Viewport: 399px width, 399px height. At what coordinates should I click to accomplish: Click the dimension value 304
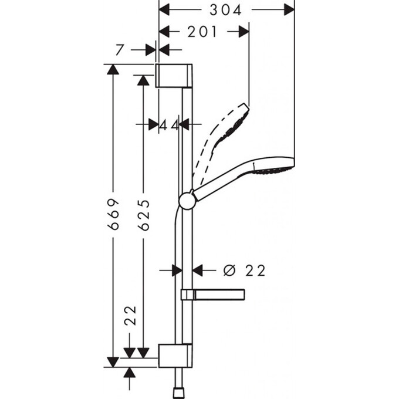pyautogui.click(x=226, y=9)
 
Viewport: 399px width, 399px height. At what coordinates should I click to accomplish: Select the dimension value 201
pyautogui.click(x=202, y=32)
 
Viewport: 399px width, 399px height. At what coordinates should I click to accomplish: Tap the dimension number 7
pyautogui.click(x=120, y=50)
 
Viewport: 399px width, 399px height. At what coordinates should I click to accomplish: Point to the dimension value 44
pyautogui.click(x=169, y=124)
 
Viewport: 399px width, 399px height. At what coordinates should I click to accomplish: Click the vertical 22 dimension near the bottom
pyautogui.click(x=130, y=315)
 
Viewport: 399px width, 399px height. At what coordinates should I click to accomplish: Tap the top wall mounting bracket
pyautogui.click(x=174, y=76)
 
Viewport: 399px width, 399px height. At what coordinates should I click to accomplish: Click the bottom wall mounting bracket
pyautogui.click(x=174, y=356)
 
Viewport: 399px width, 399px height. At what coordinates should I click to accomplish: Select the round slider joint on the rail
pyautogui.click(x=187, y=201)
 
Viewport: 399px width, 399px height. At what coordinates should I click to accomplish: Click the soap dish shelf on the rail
pyautogui.click(x=212, y=294)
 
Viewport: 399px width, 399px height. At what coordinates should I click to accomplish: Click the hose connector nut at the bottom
pyautogui.click(x=179, y=391)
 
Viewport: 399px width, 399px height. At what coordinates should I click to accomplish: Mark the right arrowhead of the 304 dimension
pyautogui.click(x=289, y=9)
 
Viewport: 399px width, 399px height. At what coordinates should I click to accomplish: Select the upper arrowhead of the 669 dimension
pyautogui.click(x=113, y=69)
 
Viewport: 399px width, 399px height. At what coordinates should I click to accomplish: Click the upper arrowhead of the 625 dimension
pyautogui.click(x=143, y=80)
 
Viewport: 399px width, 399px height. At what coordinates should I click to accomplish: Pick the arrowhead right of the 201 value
pyautogui.click(x=244, y=32)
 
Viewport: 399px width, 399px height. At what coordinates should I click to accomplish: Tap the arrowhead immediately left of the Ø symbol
pyautogui.click(x=198, y=270)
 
